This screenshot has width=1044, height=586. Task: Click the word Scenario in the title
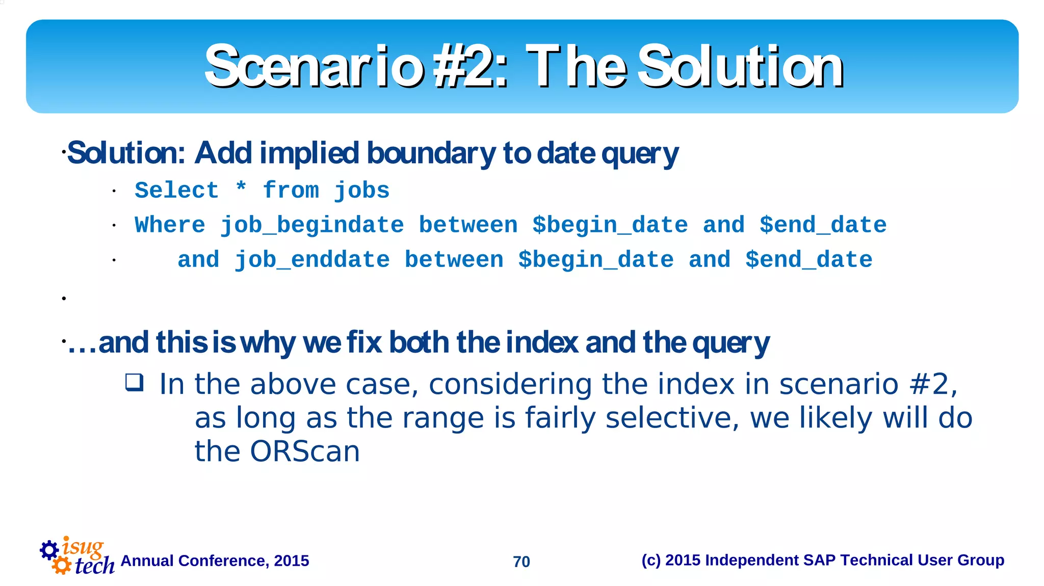click(313, 66)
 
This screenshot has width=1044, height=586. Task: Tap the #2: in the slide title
click(470, 66)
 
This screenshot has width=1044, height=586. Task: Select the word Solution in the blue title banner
click(740, 66)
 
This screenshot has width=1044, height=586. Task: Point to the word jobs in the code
click(361, 191)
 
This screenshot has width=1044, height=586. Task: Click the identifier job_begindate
click(312, 226)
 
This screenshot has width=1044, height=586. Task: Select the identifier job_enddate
click(312, 260)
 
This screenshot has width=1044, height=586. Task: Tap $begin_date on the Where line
click(610, 226)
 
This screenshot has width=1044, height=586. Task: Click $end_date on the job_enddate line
click(808, 260)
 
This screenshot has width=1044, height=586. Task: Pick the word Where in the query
click(170, 226)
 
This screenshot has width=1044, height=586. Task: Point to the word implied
click(309, 153)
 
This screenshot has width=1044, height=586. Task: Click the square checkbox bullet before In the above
click(135, 382)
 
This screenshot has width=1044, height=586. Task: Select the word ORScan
click(304, 452)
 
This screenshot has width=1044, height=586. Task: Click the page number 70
click(521, 562)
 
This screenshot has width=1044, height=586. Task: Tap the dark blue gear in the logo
click(49, 550)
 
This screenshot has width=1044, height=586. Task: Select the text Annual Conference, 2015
click(215, 561)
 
